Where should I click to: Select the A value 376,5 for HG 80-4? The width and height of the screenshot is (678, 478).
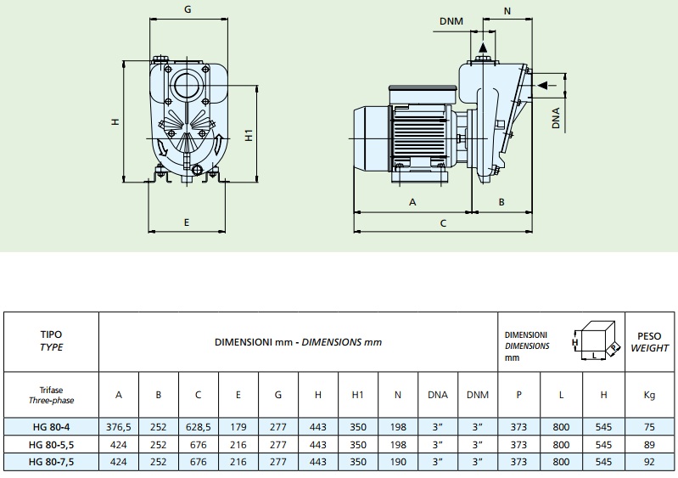tap(119, 426)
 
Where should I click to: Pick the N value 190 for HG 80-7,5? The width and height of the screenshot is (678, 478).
tap(398, 462)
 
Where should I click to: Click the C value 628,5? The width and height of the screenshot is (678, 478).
tap(198, 426)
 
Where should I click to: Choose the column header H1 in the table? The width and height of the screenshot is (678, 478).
tap(357, 394)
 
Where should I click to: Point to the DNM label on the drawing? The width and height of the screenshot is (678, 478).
tap(457, 21)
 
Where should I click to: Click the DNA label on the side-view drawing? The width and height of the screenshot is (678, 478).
tap(557, 118)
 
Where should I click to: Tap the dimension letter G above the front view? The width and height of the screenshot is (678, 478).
tap(187, 9)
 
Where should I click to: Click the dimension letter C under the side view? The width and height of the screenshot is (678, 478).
tap(443, 223)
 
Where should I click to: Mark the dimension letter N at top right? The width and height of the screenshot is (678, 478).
tap(507, 11)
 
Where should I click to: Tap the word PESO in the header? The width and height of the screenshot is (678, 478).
tap(650, 336)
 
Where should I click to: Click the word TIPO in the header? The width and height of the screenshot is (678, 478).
tap(53, 335)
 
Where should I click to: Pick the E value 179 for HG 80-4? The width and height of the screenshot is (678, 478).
tap(238, 426)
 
